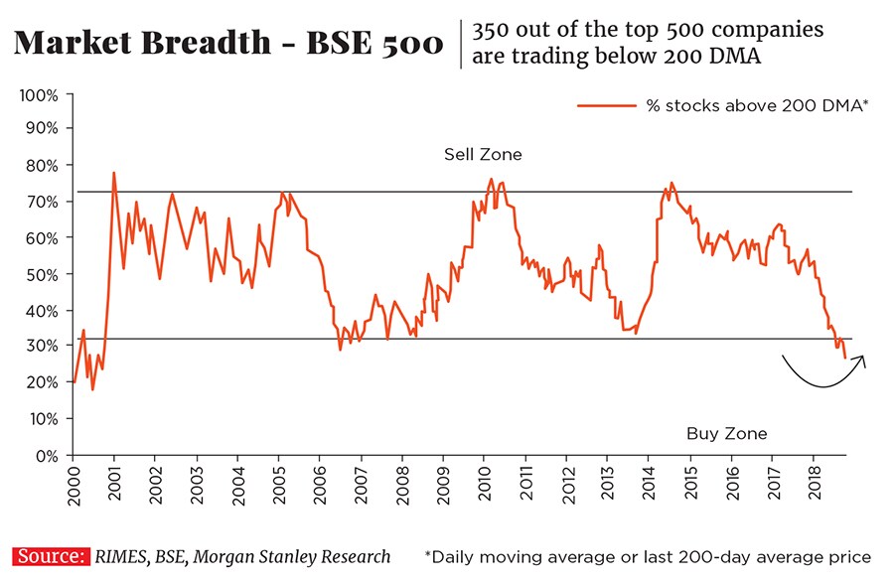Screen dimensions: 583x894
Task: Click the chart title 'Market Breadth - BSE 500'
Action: [x=229, y=45]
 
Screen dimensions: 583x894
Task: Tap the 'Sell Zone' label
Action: [x=483, y=155]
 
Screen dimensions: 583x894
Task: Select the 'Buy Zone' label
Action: [x=727, y=434]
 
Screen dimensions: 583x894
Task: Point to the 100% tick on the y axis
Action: [x=42, y=95]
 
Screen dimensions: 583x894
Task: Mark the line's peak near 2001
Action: [x=114, y=173]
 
